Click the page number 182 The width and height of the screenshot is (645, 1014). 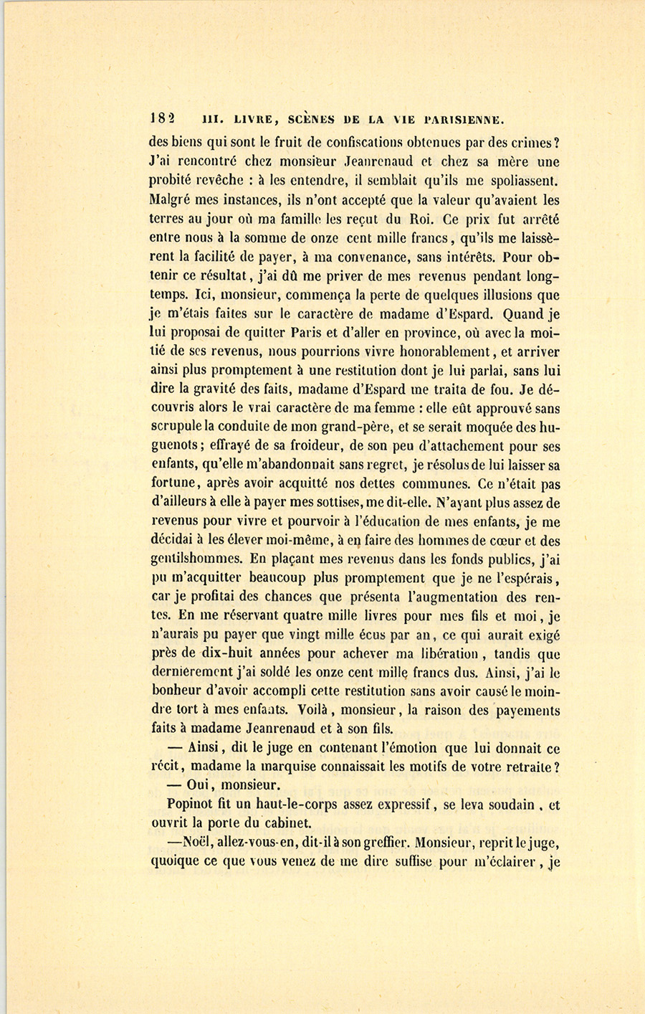[x=163, y=119]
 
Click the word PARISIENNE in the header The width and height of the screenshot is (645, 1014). [x=465, y=120]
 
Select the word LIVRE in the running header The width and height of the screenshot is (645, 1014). [x=245, y=120]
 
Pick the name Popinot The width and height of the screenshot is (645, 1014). [x=190, y=804]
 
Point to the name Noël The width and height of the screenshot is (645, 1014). [x=192, y=843]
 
